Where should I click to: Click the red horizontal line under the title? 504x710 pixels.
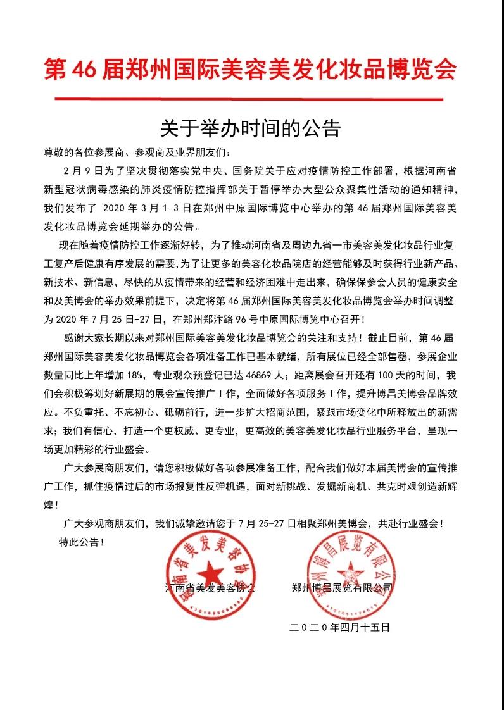[x=249, y=99]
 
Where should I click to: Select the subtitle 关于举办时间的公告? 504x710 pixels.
[x=251, y=128]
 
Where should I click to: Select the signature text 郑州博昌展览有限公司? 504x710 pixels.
[x=342, y=588]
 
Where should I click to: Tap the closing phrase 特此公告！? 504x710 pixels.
[x=80, y=542]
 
